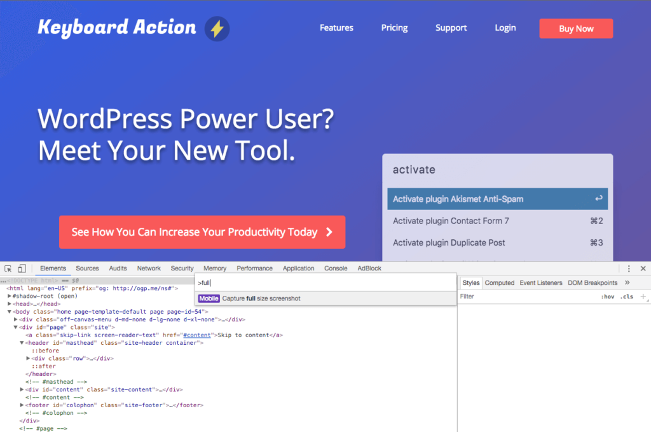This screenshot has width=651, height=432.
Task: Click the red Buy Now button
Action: (576, 29)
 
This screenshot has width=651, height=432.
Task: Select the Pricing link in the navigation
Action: (394, 28)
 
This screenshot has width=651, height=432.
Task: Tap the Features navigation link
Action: (336, 28)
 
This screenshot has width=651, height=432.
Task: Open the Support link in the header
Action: (451, 28)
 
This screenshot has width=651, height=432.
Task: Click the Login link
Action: (505, 28)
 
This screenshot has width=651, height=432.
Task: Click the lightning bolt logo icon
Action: (217, 29)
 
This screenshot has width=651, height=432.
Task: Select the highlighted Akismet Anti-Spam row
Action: (497, 199)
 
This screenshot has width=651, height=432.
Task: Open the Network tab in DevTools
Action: (149, 268)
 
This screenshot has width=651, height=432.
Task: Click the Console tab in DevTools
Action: (336, 268)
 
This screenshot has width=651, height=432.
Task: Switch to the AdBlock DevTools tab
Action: (369, 268)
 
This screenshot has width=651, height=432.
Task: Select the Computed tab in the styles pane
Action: (500, 283)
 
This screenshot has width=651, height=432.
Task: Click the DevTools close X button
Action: (643, 268)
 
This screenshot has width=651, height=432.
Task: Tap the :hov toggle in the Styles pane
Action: (608, 296)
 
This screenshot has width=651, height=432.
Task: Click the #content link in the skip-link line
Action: (197, 335)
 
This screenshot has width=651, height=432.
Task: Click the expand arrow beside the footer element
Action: (22, 405)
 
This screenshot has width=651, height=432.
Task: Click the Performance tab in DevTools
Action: (254, 268)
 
